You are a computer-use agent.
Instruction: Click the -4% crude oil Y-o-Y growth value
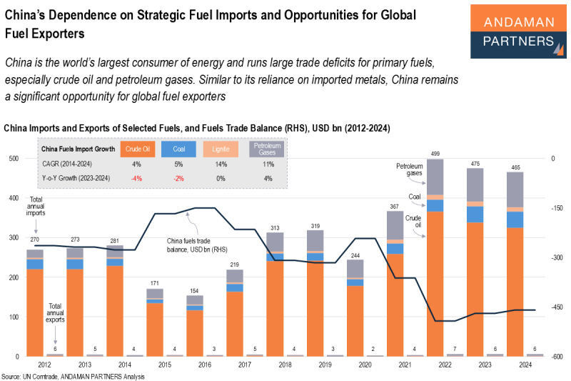[x=136, y=177]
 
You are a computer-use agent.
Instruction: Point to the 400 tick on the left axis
[x=14, y=199]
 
